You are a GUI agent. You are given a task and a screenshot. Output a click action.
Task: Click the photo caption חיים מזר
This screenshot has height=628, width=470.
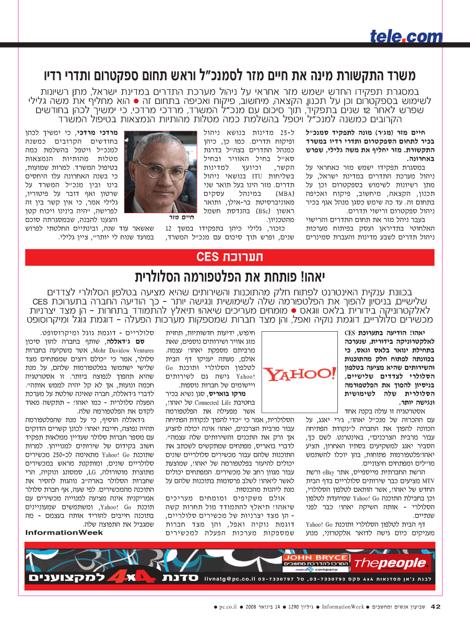click(181, 217)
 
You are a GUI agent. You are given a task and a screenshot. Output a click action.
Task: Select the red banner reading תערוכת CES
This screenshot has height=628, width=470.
click(235, 257)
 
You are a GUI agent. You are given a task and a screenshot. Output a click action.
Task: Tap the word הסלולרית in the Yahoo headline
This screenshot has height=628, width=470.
click(162, 276)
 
